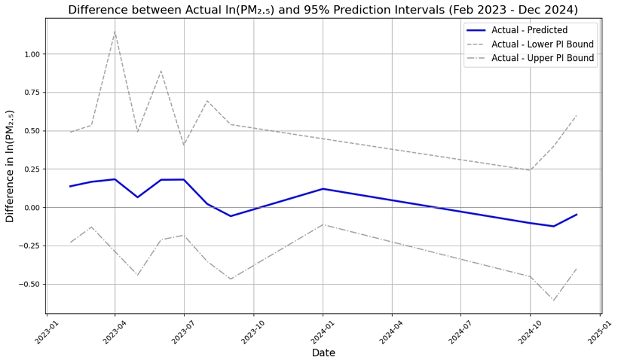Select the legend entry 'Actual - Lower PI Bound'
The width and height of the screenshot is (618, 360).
click(543, 44)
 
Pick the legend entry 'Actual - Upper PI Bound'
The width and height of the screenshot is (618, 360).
click(543, 58)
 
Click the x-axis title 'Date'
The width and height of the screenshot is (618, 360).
click(323, 352)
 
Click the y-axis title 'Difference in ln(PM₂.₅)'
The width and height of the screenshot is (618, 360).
click(11, 166)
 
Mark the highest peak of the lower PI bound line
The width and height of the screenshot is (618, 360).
click(115, 31)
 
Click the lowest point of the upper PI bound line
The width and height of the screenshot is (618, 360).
click(554, 301)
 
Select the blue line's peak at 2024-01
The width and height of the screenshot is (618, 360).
click(323, 189)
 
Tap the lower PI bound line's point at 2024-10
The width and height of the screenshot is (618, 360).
click(530, 170)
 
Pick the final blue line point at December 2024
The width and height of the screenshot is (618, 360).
click(577, 215)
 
